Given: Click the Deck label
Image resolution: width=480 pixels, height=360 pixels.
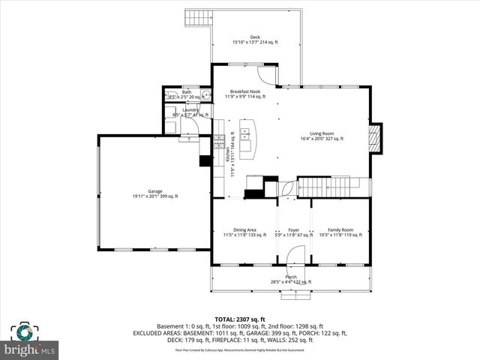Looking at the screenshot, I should pos(254,40).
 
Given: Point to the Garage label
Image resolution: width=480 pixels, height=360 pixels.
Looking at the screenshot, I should pos(154,193).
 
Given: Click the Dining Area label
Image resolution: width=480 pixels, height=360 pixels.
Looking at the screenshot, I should pos(244,232).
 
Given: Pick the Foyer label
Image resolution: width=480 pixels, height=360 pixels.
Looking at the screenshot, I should pos(293,232).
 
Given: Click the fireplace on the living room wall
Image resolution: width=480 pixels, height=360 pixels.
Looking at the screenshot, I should pos(377,138).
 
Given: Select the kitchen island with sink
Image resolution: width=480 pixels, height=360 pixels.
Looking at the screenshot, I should pos(247,139).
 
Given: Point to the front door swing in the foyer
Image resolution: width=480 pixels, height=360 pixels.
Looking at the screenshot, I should pos(293,257).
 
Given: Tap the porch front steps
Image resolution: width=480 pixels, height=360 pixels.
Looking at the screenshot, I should pos(293,294).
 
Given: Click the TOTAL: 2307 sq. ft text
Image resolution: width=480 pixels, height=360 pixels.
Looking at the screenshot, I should pos(239,318).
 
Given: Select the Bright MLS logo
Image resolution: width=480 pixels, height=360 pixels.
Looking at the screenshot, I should pos(30,341).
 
